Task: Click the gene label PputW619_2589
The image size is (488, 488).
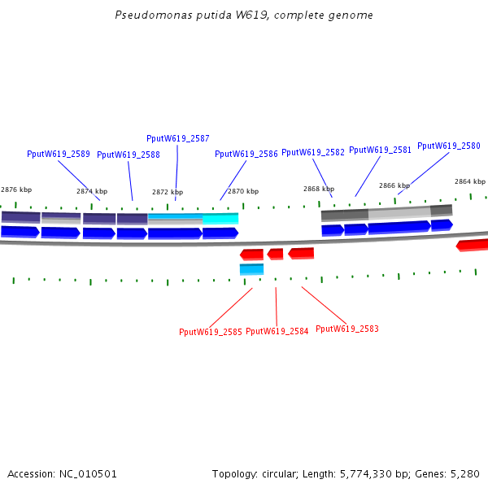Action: (58, 154)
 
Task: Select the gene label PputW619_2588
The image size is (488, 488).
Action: (128, 155)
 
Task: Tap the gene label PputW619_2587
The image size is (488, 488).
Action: (177, 138)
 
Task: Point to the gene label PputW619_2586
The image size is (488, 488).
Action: (246, 154)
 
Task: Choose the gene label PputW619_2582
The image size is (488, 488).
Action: (312, 152)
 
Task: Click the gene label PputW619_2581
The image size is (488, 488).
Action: (380, 150)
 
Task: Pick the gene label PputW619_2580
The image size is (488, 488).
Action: (448, 146)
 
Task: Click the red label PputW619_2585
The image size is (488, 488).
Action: (210, 332)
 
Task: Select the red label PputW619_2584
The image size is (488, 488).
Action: (277, 332)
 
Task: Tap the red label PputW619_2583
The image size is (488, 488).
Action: (346, 329)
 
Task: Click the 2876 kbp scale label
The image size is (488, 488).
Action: (16, 190)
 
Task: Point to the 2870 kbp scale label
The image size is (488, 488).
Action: (242, 191)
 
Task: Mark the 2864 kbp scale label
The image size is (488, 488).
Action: (469, 181)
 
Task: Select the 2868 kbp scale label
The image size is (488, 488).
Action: (318, 189)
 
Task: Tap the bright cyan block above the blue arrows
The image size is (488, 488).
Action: (220, 219)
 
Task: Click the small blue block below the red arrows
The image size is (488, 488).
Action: (251, 269)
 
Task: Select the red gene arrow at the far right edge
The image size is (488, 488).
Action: (473, 245)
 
